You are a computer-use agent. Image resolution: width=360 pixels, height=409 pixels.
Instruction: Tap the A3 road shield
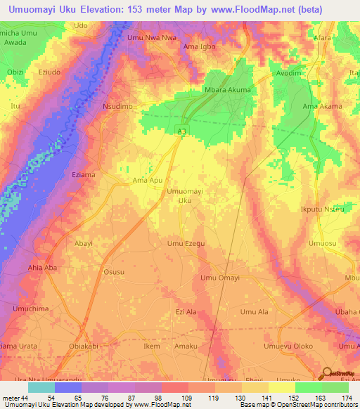click(181, 130)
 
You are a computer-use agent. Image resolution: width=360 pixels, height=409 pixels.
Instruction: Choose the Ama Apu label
click(148, 181)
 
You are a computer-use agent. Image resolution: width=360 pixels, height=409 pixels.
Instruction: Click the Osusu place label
click(114, 273)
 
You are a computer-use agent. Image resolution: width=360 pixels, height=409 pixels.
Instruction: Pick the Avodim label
click(288, 72)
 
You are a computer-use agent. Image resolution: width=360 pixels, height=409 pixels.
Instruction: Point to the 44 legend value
click(25, 398)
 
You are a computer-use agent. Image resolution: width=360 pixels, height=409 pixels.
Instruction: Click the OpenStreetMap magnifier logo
click(327, 375)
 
